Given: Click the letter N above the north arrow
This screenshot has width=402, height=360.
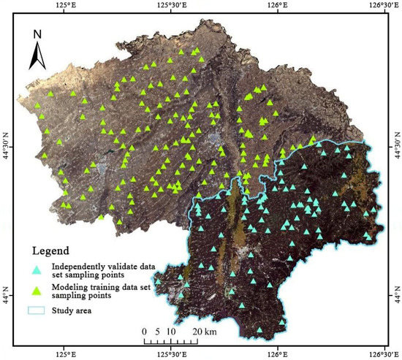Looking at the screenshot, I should pyautogui.click(x=38, y=33).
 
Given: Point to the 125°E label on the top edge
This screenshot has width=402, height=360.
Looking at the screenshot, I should pyautogui.click(x=64, y=5).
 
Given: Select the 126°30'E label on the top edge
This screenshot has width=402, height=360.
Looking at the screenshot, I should pyautogui.click(x=382, y=5).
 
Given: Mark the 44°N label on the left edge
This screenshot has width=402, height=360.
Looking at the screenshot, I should pyautogui.click(x=6, y=299).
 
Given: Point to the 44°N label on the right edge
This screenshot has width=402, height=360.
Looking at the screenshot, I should pyautogui.click(x=395, y=299).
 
